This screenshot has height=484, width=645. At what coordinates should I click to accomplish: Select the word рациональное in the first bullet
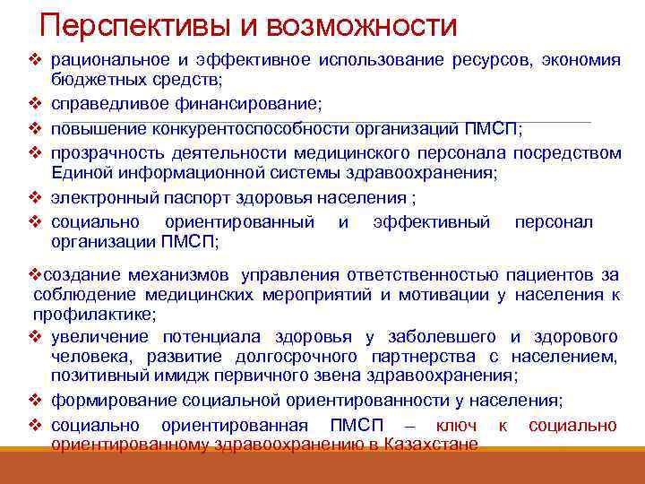tap(107, 60)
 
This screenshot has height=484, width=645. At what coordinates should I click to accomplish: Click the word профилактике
tap(95, 315)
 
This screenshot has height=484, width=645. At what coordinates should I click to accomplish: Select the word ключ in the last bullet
tap(455, 425)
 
